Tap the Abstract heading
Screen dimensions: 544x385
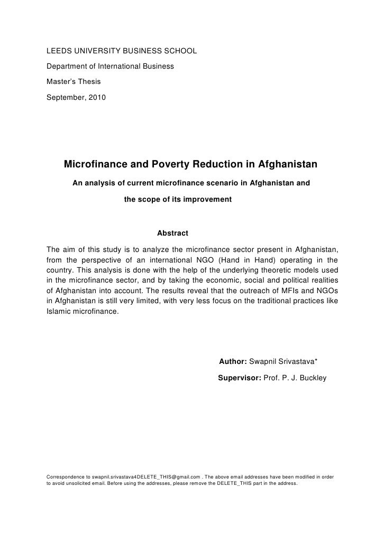tap(173, 233)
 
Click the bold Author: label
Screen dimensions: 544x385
tap(232, 361)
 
